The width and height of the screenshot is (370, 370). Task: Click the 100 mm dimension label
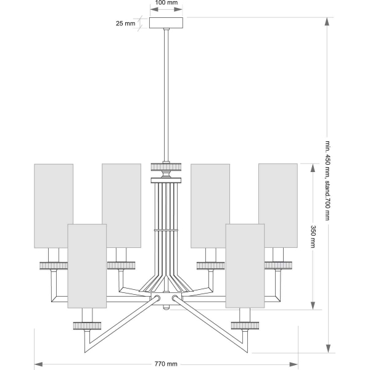click(166, 3)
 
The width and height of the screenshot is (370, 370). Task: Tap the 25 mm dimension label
click(125, 23)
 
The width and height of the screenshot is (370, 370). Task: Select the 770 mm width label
click(166, 364)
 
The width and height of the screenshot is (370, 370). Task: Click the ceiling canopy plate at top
click(166, 23)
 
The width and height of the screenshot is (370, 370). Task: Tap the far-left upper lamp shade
click(54, 205)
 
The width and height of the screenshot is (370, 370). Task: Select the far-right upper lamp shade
click(277, 205)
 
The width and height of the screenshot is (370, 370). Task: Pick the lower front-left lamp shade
click(88, 266)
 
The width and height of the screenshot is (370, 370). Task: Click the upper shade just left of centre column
click(121, 205)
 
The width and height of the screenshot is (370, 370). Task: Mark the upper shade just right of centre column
click(210, 205)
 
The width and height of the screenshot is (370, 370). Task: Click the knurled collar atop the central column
click(166, 166)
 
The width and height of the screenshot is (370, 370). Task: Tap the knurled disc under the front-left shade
click(88, 324)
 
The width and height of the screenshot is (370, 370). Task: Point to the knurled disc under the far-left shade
click(54, 265)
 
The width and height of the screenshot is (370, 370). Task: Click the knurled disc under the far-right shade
click(279, 265)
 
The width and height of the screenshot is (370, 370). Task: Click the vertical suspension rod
click(166, 92)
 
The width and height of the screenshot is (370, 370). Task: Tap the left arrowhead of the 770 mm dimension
click(38, 364)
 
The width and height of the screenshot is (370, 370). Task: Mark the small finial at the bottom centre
click(166, 305)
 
